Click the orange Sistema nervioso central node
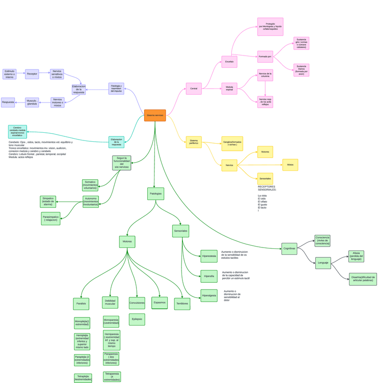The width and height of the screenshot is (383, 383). click(x=155, y=115)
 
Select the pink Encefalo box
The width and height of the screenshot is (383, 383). click(x=229, y=61)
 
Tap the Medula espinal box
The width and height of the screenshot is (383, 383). click(x=229, y=89)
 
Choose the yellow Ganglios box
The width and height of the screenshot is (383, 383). click(x=232, y=143)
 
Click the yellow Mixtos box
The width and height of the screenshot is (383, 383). click(x=290, y=165)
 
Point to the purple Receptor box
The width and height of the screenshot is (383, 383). click(x=32, y=74)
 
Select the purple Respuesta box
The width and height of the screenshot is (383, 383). click(x=8, y=102)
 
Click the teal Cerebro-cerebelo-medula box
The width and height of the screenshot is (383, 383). click(x=17, y=131)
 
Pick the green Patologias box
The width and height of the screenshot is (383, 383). click(x=155, y=194)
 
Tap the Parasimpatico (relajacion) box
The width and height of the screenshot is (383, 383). click(x=51, y=219)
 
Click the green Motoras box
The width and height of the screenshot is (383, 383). click(x=127, y=242)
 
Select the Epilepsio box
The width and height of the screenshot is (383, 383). click(x=137, y=319)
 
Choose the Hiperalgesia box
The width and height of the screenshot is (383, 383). click(x=209, y=295)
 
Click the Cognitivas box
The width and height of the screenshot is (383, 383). click(x=289, y=248)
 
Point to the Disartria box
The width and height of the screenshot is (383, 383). click(x=363, y=279)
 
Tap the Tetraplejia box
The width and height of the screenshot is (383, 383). click(x=83, y=378)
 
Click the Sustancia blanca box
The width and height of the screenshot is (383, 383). click(x=301, y=70)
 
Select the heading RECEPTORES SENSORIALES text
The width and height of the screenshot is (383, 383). click(x=266, y=188)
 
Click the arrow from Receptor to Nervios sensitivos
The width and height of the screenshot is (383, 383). click(x=44, y=73)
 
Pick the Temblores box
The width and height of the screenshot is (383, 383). click(x=182, y=304)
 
